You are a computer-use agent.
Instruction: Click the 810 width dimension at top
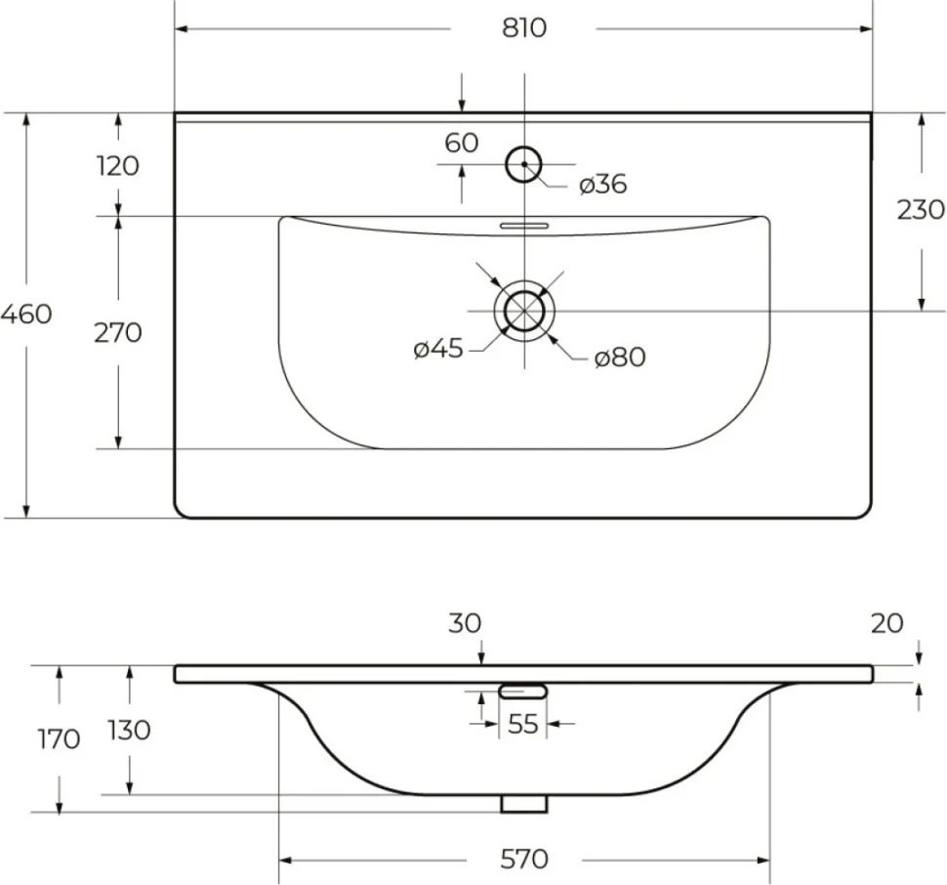click(x=523, y=27)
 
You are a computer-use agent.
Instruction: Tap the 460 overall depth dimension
click(x=25, y=315)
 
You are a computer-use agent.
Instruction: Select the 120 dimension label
click(x=117, y=165)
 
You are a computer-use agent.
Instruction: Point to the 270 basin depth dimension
click(x=118, y=333)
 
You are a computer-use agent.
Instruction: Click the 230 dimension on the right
click(x=921, y=210)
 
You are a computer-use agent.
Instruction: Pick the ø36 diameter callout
click(x=602, y=185)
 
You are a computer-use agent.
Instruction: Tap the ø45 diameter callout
click(x=438, y=349)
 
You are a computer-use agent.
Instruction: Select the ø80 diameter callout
click(x=620, y=357)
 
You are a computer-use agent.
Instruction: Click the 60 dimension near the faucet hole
click(x=462, y=144)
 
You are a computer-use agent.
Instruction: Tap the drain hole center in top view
click(x=524, y=311)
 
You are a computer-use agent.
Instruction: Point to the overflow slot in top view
click(x=524, y=226)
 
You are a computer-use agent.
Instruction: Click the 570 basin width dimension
click(x=524, y=859)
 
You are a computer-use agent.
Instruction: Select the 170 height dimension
click(x=59, y=738)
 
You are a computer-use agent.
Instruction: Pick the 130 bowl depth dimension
click(x=129, y=731)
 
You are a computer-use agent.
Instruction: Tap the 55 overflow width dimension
click(x=523, y=723)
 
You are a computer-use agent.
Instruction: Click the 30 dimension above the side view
click(x=465, y=623)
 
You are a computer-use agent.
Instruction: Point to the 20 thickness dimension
click(x=887, y=623)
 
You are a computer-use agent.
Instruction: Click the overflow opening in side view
click(x=523, y=691)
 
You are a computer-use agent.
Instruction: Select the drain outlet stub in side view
click(x=524, y=804)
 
